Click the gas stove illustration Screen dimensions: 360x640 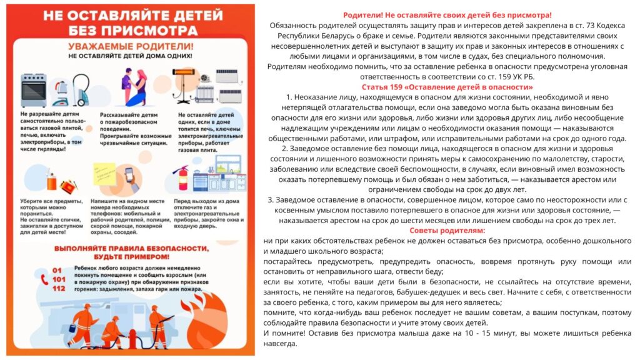34,90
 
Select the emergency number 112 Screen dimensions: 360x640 59,289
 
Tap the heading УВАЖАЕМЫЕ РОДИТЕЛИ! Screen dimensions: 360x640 131,47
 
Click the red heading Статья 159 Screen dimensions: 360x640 447,87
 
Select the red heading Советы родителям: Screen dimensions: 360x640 447,231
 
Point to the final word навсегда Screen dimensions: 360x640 281,343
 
